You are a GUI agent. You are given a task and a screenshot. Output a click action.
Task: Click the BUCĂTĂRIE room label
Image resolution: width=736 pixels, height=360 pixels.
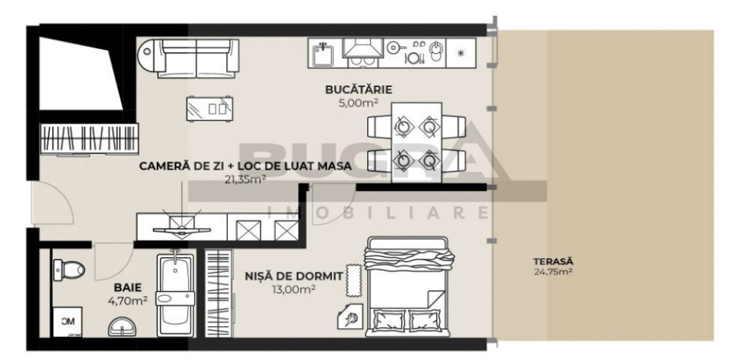click(352, 90)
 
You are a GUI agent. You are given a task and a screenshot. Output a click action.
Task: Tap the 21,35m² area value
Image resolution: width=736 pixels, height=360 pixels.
click(245, 180)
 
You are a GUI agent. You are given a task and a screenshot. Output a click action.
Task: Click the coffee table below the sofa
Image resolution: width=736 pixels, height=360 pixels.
click(209, 109)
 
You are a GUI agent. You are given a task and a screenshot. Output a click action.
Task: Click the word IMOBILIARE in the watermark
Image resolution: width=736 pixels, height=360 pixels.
click(377, 212)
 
